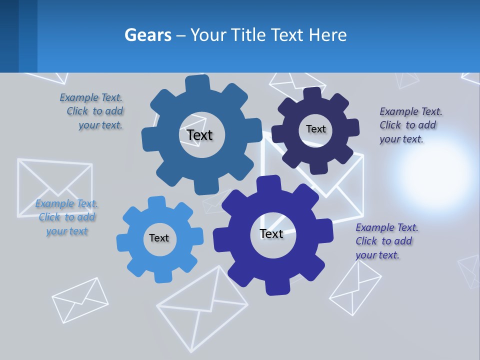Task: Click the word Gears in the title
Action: pos(148,35)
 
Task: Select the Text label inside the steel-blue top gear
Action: pos(199,135)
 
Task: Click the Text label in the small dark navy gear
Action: pos(315,129)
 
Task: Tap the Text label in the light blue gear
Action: pos(159,238)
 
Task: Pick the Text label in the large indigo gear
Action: pos(271,233)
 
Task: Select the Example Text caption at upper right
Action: pos(410,125)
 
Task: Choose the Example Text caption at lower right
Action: pos(386,241)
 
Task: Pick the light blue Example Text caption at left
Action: pos(66,217)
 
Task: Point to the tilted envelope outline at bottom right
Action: pos(355,287)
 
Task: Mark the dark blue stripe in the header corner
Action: pos(9,36)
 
